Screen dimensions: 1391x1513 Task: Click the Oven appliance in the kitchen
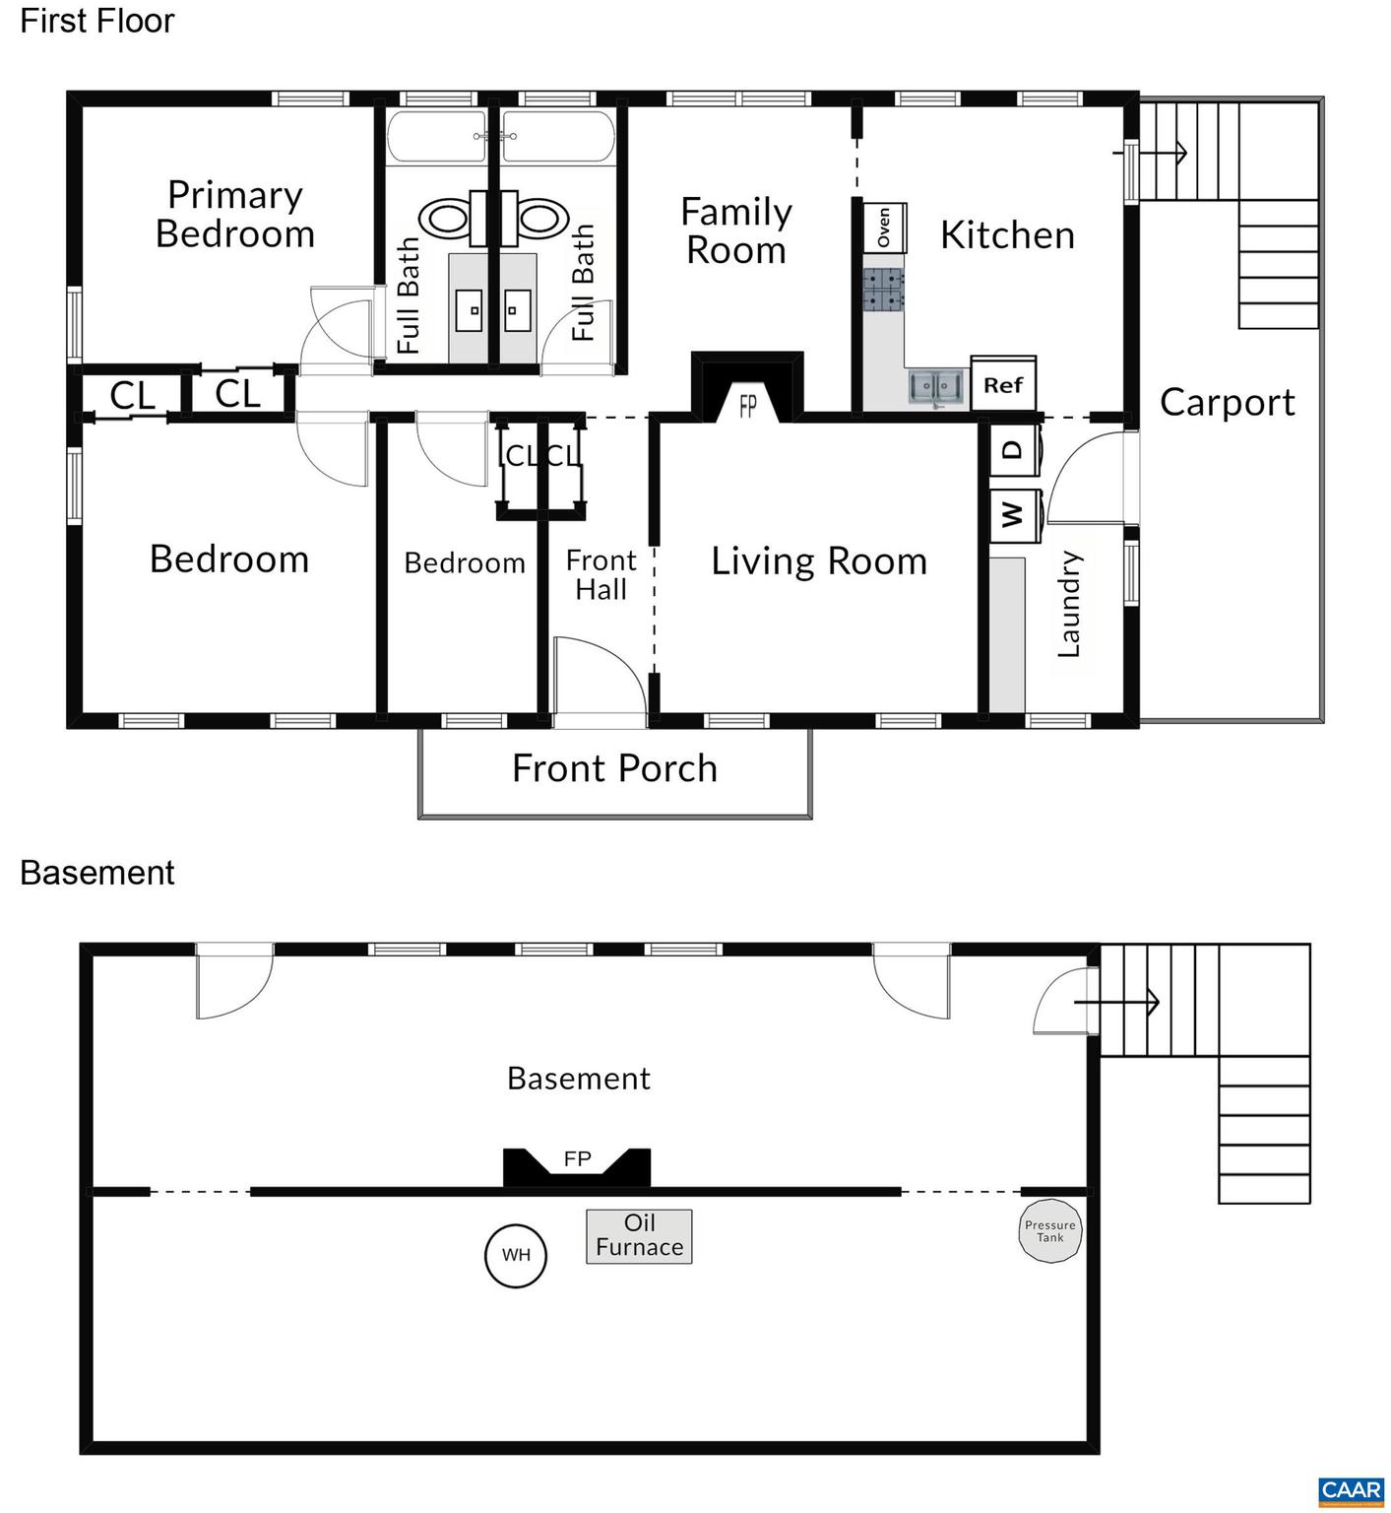pyautogui.click(x=885, y=228)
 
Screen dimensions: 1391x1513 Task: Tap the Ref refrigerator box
pyautogui.click(x=1003, y=384)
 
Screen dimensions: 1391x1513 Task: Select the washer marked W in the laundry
pyautogui.click(x=1015, y=514)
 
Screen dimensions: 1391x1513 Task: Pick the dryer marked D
pyautogui.click(x=1015, y=451)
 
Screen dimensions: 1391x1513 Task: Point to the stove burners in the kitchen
pyautogui.click(x=884, y=291)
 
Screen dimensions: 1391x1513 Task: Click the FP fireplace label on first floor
pyautogui.click(x=748, y=405)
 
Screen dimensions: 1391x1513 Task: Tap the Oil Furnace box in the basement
pyautogui.click(x=639, y=1236)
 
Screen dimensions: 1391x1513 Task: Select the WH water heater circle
pyautogui.click(x=516, y=1255)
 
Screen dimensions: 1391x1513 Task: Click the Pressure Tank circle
pyautogui.click(x=1050, y=1230)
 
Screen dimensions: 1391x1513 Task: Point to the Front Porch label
pyautogui.click(x=614, y=768)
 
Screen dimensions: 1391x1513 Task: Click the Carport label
pyautogui.click(x=1228, y=402)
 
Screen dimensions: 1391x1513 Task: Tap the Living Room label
pyautogui.click(x=819, y=560)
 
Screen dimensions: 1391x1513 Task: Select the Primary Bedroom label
pyautogui.click(x=235, y=214)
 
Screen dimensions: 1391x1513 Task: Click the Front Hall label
pyautogui.click(x=601, y=575)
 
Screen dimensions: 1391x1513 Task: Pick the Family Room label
pyautogui.click(x=736, y=230)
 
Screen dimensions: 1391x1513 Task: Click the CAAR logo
pyautogui.click(x=1352, y=1491)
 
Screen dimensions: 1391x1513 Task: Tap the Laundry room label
pyautogui.click(x=1069, y=604)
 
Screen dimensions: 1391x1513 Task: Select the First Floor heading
pyautogui.click(x=97, y=21)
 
